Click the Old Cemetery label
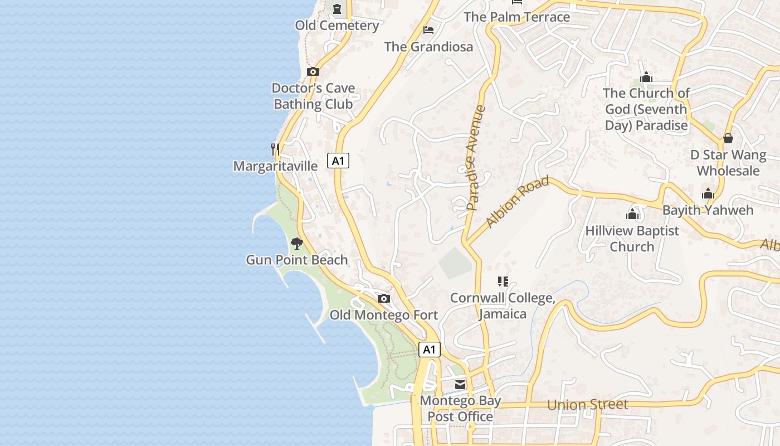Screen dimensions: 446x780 pos(337,25)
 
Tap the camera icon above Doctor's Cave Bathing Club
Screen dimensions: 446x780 pos(313,71)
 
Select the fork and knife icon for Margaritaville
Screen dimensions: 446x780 pos(275,149)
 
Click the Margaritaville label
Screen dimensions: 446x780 pos(275,166)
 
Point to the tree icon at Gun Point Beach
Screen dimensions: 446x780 pos(297,243)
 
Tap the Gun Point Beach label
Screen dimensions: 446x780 pos(297,260)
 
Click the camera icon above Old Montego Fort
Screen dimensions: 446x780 pos(383,298)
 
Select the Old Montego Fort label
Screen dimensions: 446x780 pos(384,315)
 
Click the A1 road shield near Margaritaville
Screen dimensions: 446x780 pos(338,161)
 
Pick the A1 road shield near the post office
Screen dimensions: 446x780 pos(429,350)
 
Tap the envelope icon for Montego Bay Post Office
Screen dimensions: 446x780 pos(460,384)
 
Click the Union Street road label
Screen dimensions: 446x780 pos(587,405)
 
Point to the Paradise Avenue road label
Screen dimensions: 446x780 pos(476,158)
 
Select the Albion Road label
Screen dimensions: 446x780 pos(517,201)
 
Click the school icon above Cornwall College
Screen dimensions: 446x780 pos(503,282)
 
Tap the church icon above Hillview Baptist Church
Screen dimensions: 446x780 pos(632,214)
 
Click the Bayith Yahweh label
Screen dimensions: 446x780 pos(708,210)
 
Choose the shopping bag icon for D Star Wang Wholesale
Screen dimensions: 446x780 pos(728,138)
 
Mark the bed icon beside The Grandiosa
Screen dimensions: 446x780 pos(428,30)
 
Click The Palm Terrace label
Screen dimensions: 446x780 pos(517,17)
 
